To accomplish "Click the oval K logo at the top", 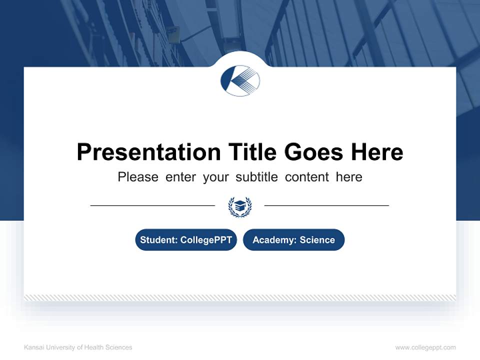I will (x=240, y=80).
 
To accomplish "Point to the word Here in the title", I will (x=376, y=152).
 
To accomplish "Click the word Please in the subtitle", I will (x=138, y=177).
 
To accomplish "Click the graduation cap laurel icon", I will (x=240, y=206).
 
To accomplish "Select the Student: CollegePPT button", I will (x=186, y=240).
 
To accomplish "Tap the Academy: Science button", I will (x=293, y=240).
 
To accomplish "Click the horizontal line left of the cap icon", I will (x=152, y=205).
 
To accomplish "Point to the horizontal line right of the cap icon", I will (x=326, y=205).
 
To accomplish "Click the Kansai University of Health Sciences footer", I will (x=78, y=347).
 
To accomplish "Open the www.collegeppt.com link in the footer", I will (x=425, y=347).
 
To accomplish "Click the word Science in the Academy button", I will (x=317, y=240).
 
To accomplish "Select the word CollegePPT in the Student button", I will (x=206, y=240).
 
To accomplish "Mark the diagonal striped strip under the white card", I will (x=240, y=297).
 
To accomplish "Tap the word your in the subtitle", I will (x=215, y=177).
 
